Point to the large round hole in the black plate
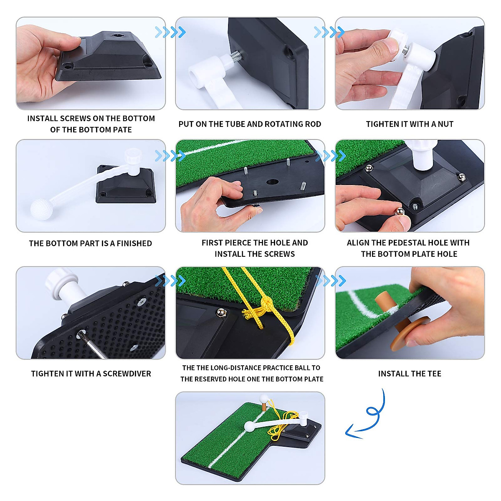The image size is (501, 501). pyautogui.click(x=272, y=182)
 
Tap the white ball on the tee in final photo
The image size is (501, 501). pyautogui.click(x=263, y=397)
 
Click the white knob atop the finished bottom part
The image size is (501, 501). pyautogui.click(x=133, y=154)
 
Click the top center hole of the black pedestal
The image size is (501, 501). pyautogui.click(x=120, y=36)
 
